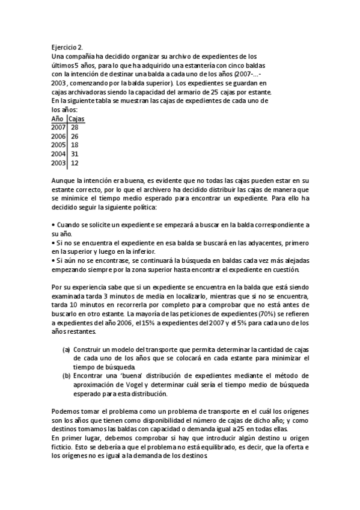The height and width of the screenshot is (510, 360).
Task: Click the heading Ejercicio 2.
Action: [x=67, y=46]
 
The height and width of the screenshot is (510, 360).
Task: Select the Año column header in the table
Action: [x=58, y=119]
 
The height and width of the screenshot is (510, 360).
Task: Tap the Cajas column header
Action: [x=76, y=119]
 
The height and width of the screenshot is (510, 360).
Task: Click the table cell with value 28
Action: [x=75, y=127]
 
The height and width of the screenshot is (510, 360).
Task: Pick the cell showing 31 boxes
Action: [x=75, y=154]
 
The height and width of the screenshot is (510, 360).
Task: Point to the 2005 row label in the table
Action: [x=58, y=145]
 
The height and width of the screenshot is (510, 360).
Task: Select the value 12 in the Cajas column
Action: [x=75, y=163]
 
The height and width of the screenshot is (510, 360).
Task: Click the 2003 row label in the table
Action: [x=58, y=163]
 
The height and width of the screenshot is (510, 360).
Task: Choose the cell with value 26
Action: [x=75, y=137]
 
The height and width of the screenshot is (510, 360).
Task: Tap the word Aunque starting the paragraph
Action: [x=64, y=180]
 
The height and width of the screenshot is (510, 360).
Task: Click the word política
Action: [x=144, y=207]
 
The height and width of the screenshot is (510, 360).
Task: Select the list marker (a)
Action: [x=66, y=349]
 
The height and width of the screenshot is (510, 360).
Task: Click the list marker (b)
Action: [x=66, y=376]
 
